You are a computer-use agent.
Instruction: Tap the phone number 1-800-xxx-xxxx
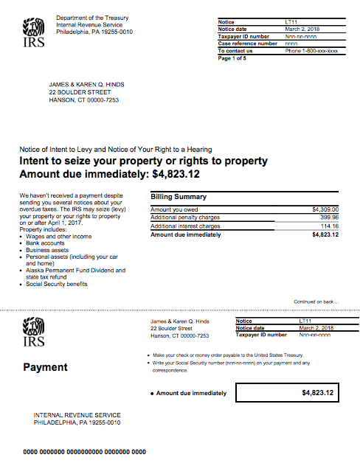[311, 51]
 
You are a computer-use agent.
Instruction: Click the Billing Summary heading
[179, 197]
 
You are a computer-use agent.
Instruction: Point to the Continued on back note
[316, 302]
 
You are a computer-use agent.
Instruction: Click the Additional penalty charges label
[185, 218]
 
